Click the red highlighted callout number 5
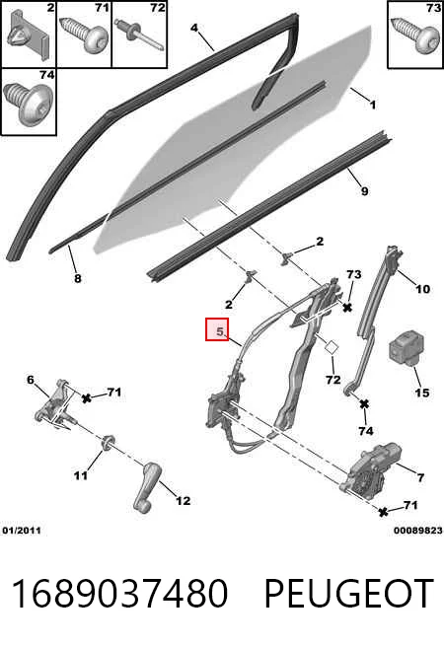(217, 329)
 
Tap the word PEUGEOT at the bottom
(349, 593)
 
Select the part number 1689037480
(119, 593)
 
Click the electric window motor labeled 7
(369, 467)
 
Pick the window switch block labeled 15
(407, 349)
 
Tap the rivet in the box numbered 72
(139, 35)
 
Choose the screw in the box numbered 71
(85, 35)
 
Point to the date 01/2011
(22, 531)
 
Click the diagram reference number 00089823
(417, 531)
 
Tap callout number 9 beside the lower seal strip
(365, 191)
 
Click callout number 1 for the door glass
(373, 105)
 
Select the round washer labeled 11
(108, 442)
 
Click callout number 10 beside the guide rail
(422, 289)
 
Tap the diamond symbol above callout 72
(332, 347)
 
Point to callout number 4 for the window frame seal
(194, 28)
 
